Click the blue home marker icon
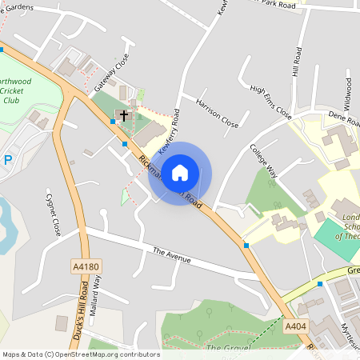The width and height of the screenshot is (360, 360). [x=180, y=172]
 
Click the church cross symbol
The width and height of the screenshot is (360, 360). [x=124, y=115]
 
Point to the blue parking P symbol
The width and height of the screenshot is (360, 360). [x=8, y=159]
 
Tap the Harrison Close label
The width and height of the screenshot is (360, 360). [x=218, y=114]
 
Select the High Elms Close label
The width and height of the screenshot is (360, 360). [x=270, y=102]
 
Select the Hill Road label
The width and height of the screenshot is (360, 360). [x=298, y=62]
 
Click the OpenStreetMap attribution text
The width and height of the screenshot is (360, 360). [x=80, y=354]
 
